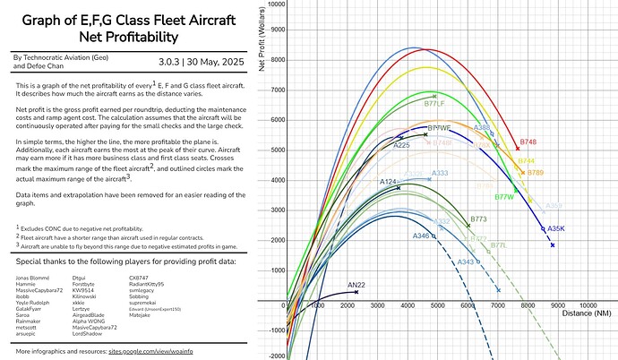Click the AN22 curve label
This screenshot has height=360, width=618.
[x=356, y=285]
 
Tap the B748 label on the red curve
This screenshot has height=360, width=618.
[x=528, y=141]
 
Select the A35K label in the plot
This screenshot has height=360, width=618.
[x=555, y=228]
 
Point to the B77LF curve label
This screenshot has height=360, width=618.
[x=434, y=104]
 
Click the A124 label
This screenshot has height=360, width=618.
[x=389, y=182]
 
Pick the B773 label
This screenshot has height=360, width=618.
[x=478, y=219]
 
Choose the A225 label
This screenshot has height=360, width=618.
[x=401, y=145]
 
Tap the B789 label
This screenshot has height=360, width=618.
[x=535, y=172]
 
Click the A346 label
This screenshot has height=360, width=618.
[x=421, y=236]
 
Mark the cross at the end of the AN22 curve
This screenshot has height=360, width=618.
[x=356, y=292]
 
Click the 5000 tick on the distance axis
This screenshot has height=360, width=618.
[x=438, y=305]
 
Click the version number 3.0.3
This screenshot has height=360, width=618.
[x=169, y=61]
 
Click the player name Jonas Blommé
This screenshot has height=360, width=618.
[x=33, y=279]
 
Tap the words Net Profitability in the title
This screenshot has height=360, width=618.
[x=123, y=37]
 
